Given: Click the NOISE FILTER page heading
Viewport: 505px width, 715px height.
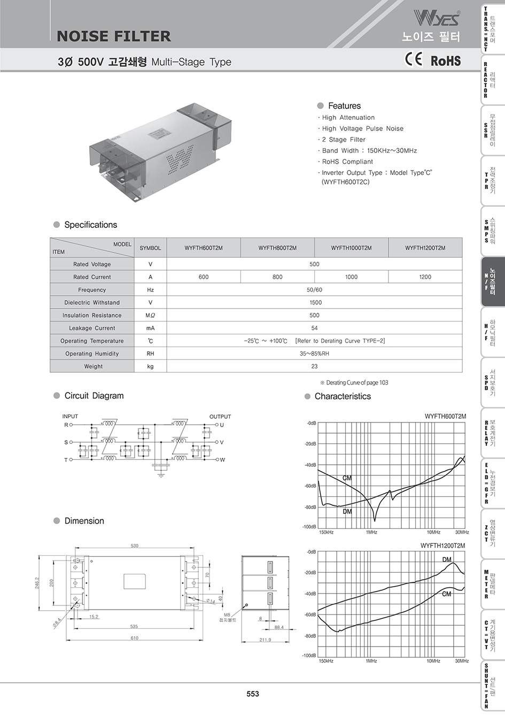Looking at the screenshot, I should pyautogui.click(x=114, y=36).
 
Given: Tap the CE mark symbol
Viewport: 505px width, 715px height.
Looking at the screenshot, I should pyautogui.click(x=413, y=59).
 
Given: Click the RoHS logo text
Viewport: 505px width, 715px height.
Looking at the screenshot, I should pyautogui.click(x=446, y=60).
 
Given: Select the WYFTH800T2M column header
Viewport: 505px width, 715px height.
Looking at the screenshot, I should pyautogui.click(x=277, y=248).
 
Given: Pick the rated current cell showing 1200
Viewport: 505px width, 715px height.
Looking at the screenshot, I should pyautogui.click(x=425, y=277).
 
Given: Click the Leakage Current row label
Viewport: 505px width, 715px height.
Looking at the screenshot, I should pyautogui.click(x=92, y=328).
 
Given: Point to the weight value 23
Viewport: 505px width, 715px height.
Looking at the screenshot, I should pyautogui.click(x=314, y=366).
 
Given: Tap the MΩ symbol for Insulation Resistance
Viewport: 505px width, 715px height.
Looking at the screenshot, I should pyautogui.click(x=150, y=316).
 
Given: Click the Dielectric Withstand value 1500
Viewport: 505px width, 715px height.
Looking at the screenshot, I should pyautogui.click(x=314, y=303).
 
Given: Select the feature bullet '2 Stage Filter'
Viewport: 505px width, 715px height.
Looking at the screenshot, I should pyautogui.click(x=344, y=140).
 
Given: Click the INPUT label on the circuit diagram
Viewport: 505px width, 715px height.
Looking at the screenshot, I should pyautogui.click(x=70, y=417).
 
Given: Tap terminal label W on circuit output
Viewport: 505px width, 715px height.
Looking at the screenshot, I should pyautogui.click(x=222, y=460).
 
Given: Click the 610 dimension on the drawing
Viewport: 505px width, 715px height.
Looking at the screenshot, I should pyautogui.click(x=134, y=638).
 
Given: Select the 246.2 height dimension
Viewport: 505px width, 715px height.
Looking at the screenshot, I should pyautogui.click(x=37, y=582).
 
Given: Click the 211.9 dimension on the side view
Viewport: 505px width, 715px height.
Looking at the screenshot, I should pyautogui.click(x=265, y=640).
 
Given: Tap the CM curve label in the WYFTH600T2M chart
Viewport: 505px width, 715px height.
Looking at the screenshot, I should pyautogui.click(x=347, y=478).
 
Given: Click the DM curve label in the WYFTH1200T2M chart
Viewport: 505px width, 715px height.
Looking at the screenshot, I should pyautogui.click(x=447, y=560).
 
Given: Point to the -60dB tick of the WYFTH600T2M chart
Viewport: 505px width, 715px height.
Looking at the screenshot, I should pyautogui.click(x=310, y=486).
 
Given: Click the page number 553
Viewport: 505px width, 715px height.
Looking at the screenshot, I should pyautogui.click(x=253, y=694).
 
